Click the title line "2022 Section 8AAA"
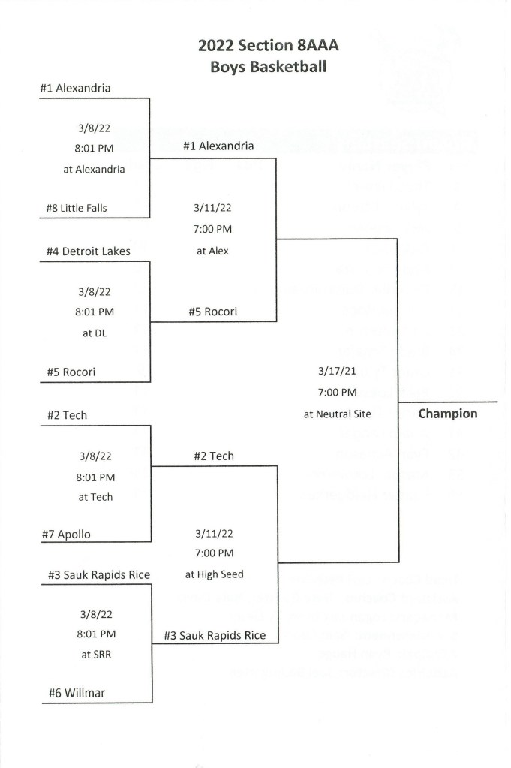268,46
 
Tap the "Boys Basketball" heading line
268,67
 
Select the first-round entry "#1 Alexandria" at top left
76,88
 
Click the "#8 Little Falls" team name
73,209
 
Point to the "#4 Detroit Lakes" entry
85,251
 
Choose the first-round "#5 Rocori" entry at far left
68,372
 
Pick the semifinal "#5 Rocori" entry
213,312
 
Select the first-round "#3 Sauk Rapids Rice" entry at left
95,575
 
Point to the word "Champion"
447,413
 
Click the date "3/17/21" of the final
338,371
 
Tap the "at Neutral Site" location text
338,412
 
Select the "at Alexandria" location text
94,169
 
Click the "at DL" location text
95,333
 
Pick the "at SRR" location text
95,653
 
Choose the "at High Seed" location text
214,574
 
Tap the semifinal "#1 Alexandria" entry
218,146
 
